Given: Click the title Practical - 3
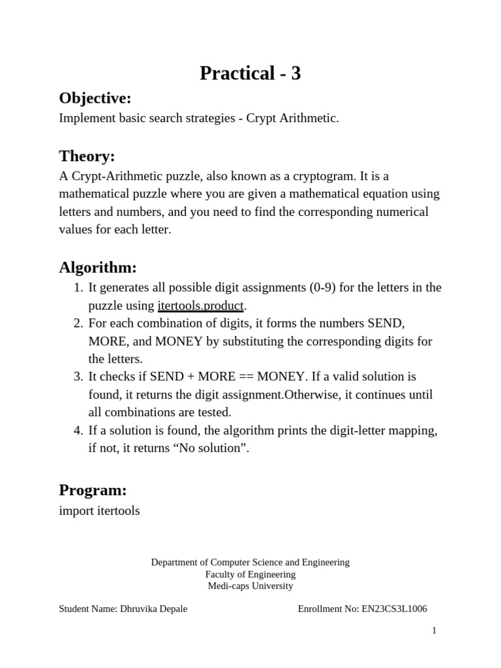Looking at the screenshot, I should pyautogui.click(x=250, y=74).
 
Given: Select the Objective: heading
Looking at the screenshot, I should pyautogui.click(x=95, y=99).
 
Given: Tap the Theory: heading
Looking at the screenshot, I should pyautogui.click(x=87, y=156).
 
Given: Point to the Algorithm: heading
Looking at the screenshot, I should pyautogui.click(x=98, y=267).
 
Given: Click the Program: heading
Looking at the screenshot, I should pyautogui.click(x=93, y=490).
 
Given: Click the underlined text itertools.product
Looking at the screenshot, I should pyautogui.click(x=200, y=306).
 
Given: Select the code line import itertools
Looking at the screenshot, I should pyautogui.click(x=99, y=511).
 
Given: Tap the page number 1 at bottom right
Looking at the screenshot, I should pyautogui.click(x=434, y=630).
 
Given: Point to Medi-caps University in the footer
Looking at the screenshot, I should pyautogui.click(x=250, y=586).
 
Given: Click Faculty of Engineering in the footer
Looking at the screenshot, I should pyautogui.click(x=250, y=574).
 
